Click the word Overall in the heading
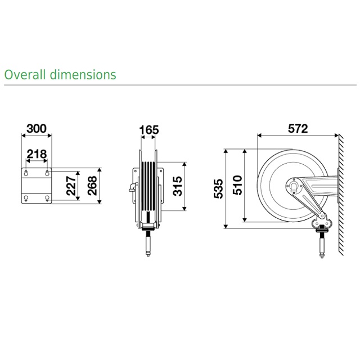click(25, 75)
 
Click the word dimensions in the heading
click(83, 75)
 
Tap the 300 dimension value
click(37, 129)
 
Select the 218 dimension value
click(37, 154)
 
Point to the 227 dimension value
click(71, 186)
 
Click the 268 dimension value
click(92, 186)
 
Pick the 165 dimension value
click(149, 130)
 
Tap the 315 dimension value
click(177, 186)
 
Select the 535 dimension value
click(218, 188)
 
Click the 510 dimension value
click(237, 185)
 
